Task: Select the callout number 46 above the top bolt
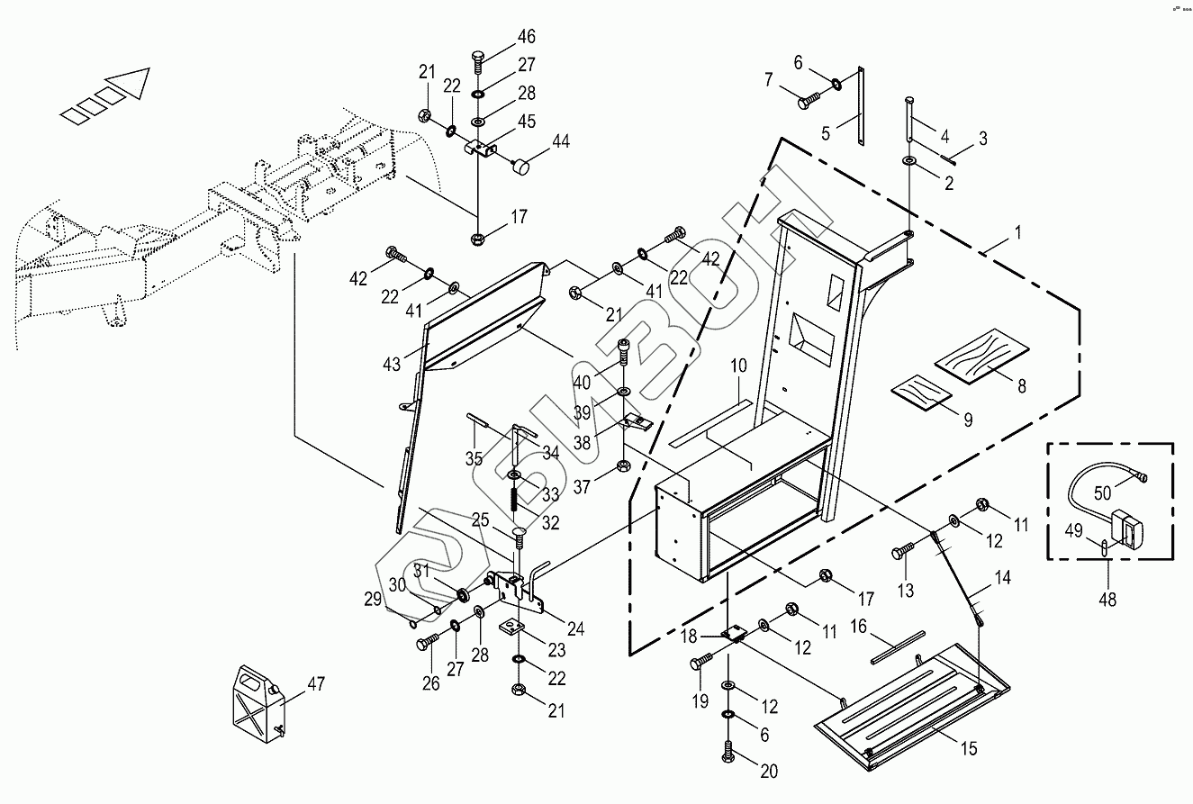coord(526,37)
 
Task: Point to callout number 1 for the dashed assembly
coord(1017,232)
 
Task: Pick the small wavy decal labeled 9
coord(922,393)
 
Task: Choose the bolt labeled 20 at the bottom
coord(728,750)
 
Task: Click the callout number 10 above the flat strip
coord(738,366)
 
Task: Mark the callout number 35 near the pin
coord(474,458)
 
